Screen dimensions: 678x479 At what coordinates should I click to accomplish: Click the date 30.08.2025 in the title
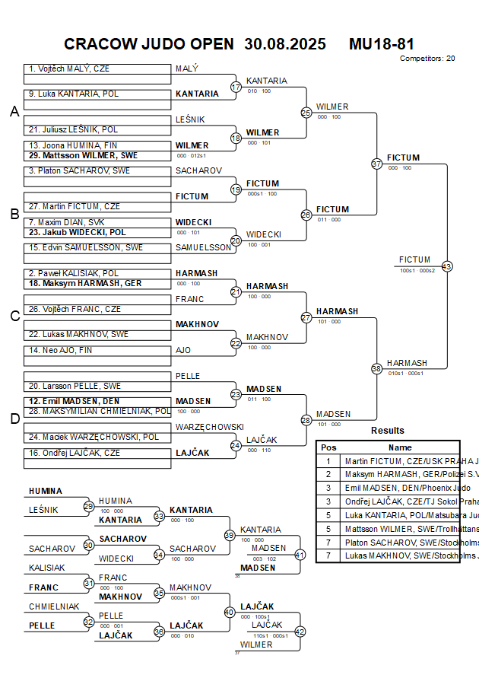pos(285,44)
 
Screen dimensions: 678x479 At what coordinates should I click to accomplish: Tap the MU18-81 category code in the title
pos(381,44)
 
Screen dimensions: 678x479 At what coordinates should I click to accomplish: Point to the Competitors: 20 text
pos(427,58)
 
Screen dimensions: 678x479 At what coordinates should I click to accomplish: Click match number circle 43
pos(447,266)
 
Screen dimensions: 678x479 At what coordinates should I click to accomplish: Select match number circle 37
pos(376,164)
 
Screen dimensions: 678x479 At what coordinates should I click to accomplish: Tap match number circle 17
pos(236,87)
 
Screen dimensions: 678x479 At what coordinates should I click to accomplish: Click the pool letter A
pos(14,112)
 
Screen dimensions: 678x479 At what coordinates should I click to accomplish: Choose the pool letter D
pos(14,418)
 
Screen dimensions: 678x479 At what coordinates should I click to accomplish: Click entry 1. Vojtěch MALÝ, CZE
pos(69,68)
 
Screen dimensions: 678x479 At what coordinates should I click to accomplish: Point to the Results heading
pos(388,431)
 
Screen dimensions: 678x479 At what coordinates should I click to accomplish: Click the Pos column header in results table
pos(328,448)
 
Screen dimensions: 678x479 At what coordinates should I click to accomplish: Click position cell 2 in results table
pos(328,474)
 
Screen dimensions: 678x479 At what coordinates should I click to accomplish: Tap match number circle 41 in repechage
pos(300,555)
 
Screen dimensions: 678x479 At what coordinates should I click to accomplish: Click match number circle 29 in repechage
pos(89,506)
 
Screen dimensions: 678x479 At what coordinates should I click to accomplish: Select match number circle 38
pos(376,368)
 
